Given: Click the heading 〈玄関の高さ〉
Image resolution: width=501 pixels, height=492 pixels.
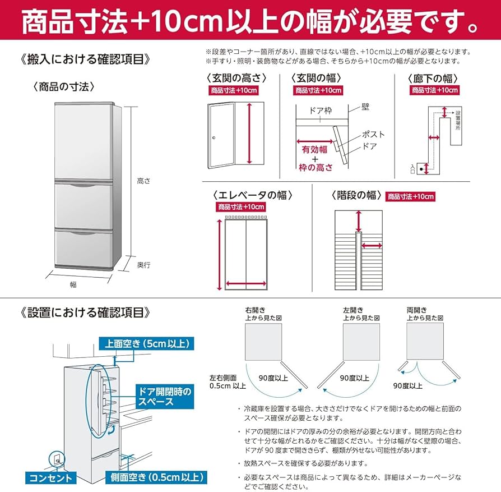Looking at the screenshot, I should click(x=236, y=78).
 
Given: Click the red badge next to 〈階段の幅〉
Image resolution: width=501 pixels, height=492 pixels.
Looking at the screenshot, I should click(x=410, y=196).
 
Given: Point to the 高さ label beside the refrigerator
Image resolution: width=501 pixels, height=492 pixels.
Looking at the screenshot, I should click(x=143, y=181).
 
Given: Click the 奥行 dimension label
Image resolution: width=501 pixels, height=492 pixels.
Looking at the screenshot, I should click(x=143, y=264).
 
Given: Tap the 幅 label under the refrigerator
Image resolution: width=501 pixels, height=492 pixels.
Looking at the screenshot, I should click(x=73, y=284).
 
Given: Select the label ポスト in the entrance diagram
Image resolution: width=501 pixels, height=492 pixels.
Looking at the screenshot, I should click(x=373, y=134).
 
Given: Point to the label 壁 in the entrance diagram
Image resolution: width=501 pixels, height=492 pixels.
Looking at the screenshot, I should click(x=365, y=105).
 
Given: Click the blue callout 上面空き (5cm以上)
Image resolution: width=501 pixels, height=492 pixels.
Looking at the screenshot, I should click(x=146, y=343).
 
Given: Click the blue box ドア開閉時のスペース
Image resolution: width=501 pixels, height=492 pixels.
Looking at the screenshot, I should click(x=164, y=397).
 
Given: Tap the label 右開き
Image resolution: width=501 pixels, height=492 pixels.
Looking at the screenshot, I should click(x=256, y=310).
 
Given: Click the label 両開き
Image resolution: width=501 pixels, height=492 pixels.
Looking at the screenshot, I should click(x=417, y=310).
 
